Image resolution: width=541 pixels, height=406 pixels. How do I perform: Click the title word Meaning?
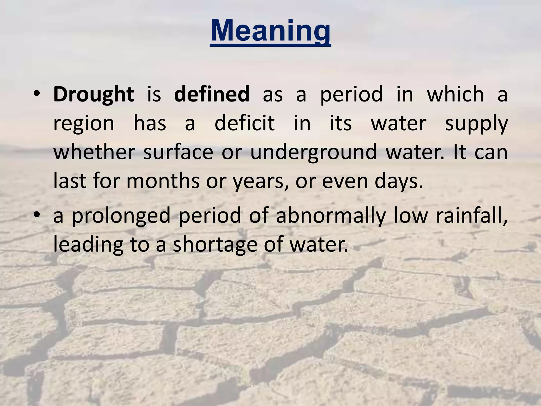pos(270,31)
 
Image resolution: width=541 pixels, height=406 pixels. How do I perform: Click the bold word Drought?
pos(94,94)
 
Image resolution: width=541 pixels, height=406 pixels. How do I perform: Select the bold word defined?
pos(212,94)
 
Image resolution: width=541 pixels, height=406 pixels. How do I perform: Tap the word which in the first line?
pos(455,94)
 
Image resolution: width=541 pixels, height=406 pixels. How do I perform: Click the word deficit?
pos(245,123)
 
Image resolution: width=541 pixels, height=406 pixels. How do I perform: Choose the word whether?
pos(94,152)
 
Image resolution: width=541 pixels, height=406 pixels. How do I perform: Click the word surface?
pos(178,152)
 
